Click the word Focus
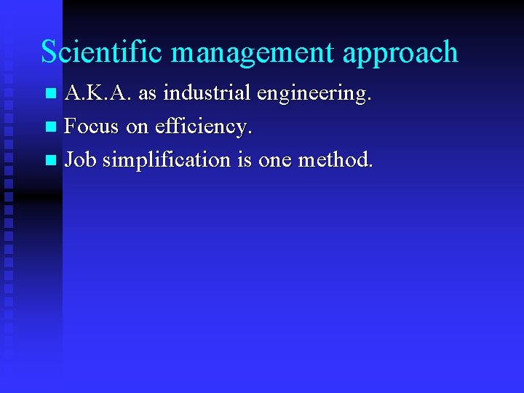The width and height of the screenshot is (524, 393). [92, 126]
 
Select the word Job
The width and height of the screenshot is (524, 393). [80, 159]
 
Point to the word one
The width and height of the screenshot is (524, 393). [274, 160]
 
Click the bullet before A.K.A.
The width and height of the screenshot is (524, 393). [50, 94]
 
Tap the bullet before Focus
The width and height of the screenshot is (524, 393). [50, 127]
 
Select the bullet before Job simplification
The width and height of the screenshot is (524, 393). [50, 159]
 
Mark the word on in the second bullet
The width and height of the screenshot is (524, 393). [137, 127]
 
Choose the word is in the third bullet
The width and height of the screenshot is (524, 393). [245, 159]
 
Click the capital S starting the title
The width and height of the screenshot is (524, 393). [49, 52]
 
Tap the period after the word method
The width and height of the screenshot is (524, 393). [370, 165]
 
